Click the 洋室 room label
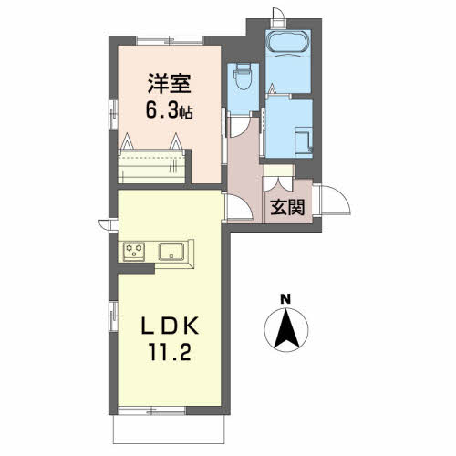point(170,83)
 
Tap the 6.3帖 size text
point(169,110)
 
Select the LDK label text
point(170,326)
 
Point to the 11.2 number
point(170,351)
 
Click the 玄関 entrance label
point(287,207)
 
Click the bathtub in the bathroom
point(288,43)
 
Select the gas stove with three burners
point(134,251)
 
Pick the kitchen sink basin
point(171,252)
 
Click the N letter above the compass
point(285,300)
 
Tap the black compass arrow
point(286,328)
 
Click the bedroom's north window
point(170,40)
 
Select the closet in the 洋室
point(151,166)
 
